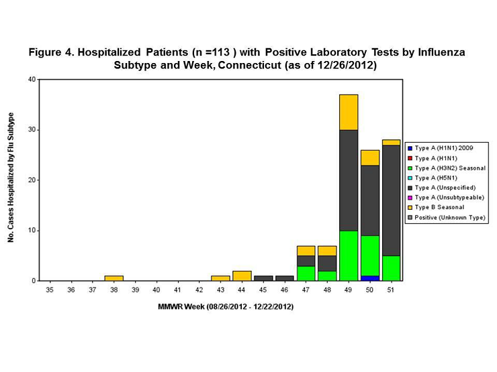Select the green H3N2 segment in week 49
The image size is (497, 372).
point(349,255)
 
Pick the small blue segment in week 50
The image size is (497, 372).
point(370,278)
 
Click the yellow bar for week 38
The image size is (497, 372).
point(114,278)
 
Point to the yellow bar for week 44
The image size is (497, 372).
point(242,275)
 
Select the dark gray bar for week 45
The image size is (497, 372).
point(263,278)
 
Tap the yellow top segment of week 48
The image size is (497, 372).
point(328,251)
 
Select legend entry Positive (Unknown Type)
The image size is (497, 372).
point(449,218)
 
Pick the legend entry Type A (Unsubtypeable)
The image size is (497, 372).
point(449,198)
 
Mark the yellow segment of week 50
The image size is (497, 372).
point(370,158)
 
